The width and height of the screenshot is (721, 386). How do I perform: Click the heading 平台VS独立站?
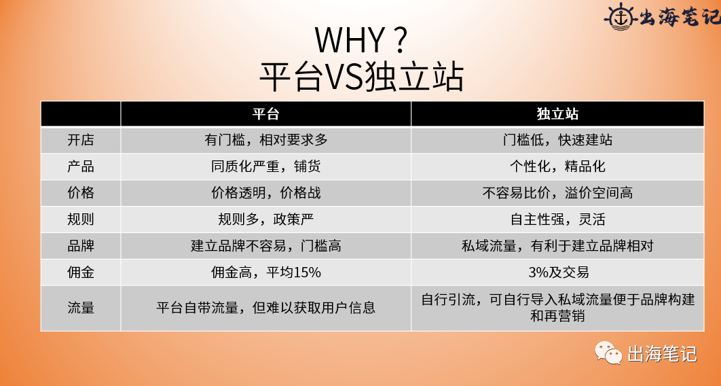pyautogui.click(x=360, y=77)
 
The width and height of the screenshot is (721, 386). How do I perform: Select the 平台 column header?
pyautogui.click(x=265, y=113)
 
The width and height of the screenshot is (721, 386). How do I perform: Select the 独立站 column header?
pyautogui.click(x=557, y=113)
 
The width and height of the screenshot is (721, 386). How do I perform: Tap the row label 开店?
pyautogui.click(x=81, y=140)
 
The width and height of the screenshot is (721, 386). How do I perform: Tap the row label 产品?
pyautogui.click(x=81, y=166)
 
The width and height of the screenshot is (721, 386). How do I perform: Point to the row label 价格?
pyautogui.click(x=81, y=193)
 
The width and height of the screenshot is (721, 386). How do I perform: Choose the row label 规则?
pyautogui.click(x=81, y=220)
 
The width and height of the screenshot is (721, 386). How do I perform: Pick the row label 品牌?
pyautogui.click(x=81, y=246)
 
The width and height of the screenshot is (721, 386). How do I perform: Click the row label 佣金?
pyautogui.click(x=81, y=273)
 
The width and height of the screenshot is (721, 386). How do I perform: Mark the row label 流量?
pyautogui.click(x=81, y=307)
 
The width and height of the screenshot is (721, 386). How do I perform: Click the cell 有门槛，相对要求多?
pyautogui.click(x=265, y=140)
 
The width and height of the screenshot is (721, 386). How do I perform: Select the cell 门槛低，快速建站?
pyautogui.click(x=557, y=140)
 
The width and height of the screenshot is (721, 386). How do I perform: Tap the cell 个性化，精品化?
pyautogui.click(x=557, y=166)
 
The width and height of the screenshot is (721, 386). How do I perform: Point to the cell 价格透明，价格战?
pyautogui.click(x=265, y=193)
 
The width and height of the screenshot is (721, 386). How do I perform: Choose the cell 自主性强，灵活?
pyautogui.click(x=557, y=220)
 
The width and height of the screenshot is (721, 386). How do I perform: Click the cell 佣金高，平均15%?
pyautogui.click(x=265, y=273)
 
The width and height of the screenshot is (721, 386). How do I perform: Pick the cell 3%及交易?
pyautogui.click(x=557, y=273)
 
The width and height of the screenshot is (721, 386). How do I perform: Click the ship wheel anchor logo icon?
pyautogui.click(x=618, y=16)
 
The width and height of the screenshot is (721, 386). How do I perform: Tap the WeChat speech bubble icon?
pyautogui.click(x=608, y=353)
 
